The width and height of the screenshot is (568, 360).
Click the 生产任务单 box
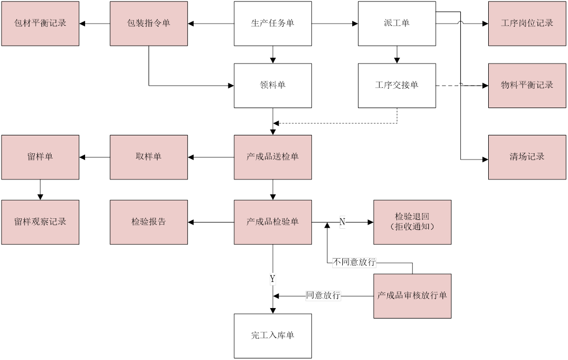click(272, 23)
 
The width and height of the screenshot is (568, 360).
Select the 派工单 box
click(397, 23)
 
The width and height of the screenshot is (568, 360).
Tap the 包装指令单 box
click(149, 23)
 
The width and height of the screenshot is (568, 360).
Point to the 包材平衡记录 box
click(40, 23)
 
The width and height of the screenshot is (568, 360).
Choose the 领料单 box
click(272, 86)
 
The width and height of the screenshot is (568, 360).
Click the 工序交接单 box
click(397, 86)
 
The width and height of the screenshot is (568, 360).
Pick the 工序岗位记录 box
click(527, 23)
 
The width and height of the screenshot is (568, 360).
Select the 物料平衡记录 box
click(527, 86)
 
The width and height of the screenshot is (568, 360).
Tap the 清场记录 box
click(527, 157)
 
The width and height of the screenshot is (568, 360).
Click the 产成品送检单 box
click(272, 157)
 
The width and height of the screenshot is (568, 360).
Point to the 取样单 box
click(149, 157)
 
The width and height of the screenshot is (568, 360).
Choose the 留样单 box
click(40, 157)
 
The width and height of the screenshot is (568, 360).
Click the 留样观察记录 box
click(40, 222)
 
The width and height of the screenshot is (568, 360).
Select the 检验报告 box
click(149, 222)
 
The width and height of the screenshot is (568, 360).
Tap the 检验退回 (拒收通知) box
click(412, 222)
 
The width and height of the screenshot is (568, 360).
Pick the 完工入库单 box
click(272, 336)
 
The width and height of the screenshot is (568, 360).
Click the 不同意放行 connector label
click(354, 262)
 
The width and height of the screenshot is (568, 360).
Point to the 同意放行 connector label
click(323, 296)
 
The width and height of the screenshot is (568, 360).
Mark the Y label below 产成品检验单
click(272, 279)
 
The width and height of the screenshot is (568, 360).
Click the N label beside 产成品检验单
click(342, 223)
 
